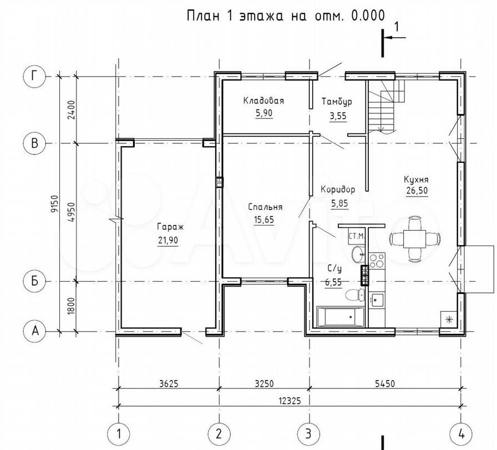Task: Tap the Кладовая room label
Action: click(263, 101)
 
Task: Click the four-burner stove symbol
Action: click(377, 261)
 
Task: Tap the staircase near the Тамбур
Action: click(385, 106)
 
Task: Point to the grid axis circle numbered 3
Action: click(307, 432)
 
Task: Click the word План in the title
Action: click(200, 15)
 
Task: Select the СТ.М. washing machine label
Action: click(355, 237)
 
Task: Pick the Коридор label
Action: click(338, 190)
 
